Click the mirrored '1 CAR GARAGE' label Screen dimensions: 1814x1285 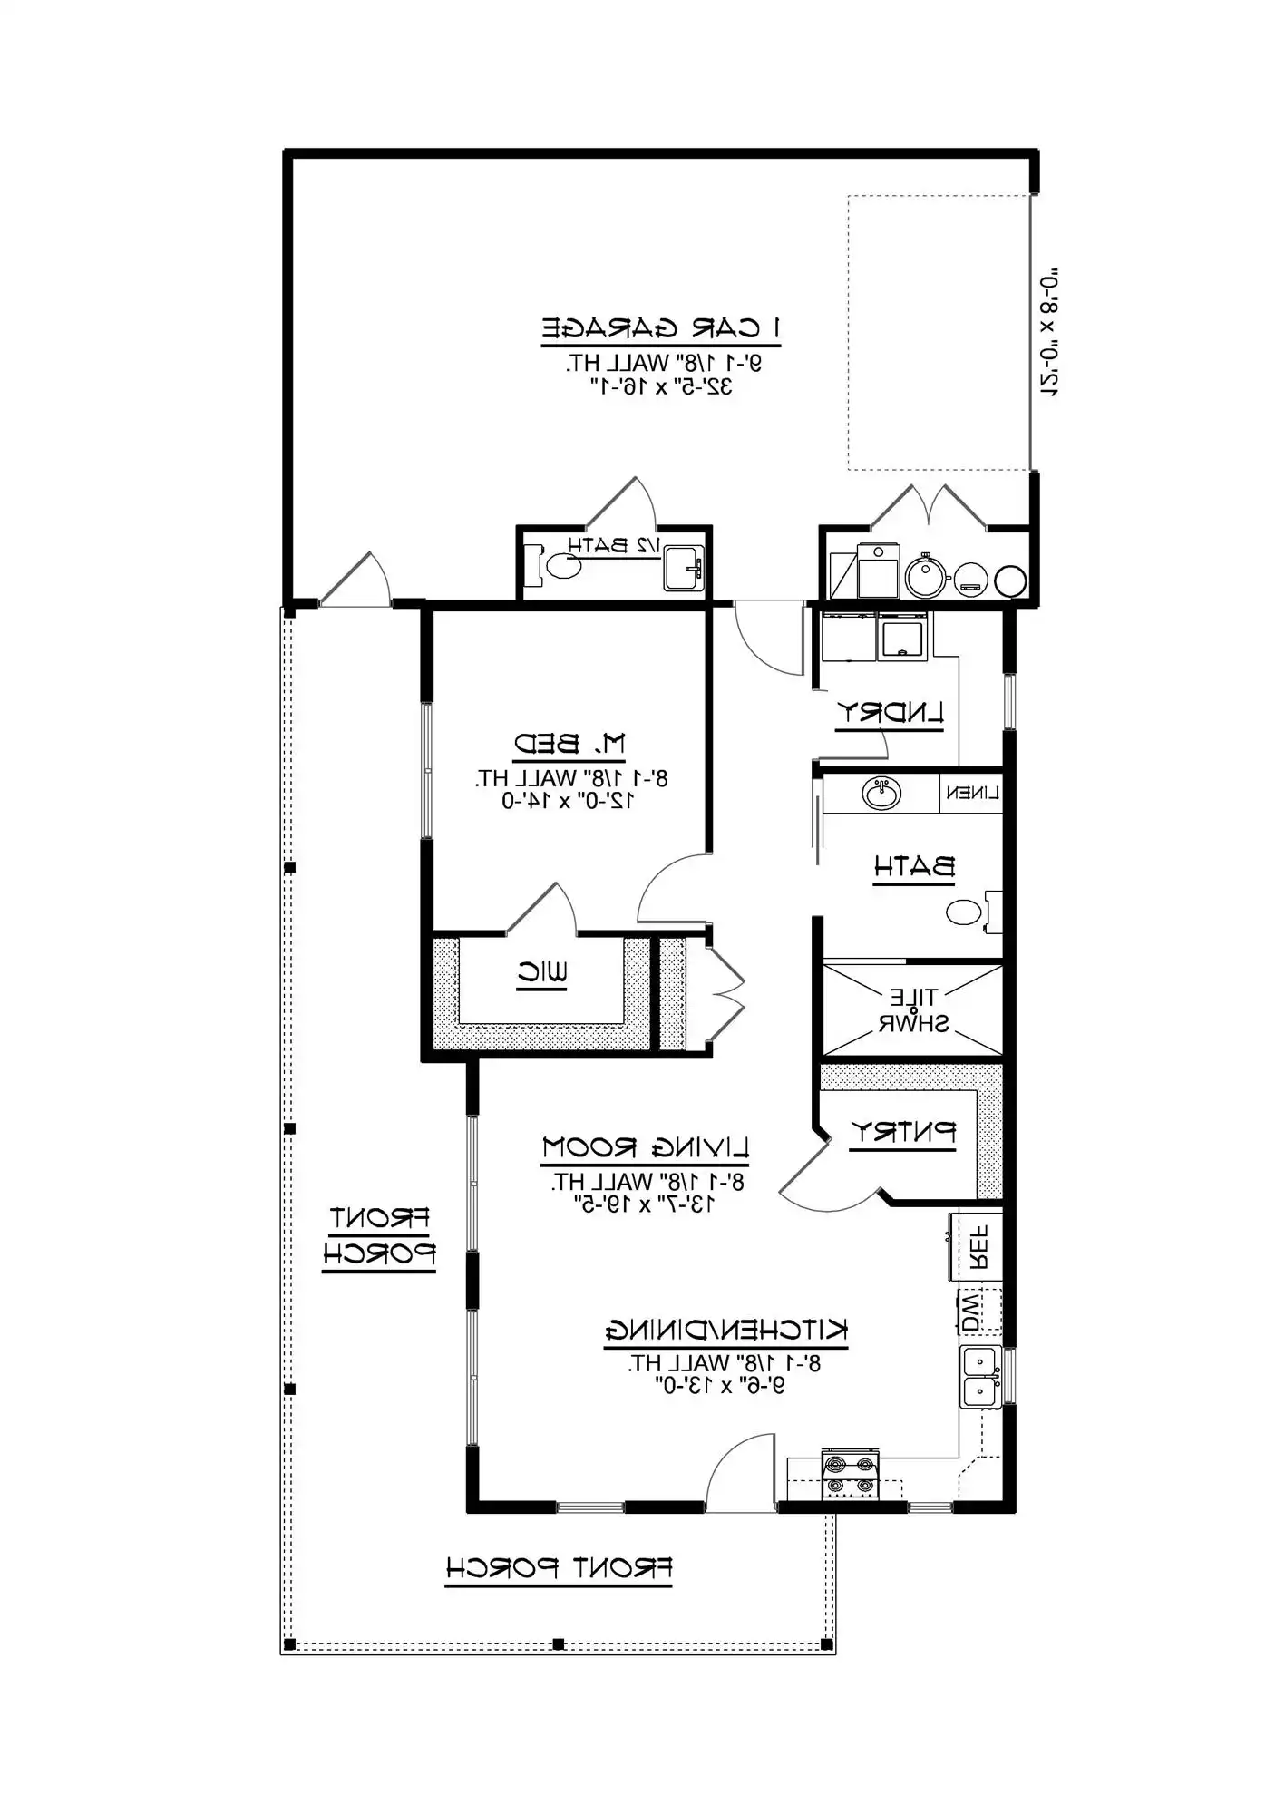(661, 327)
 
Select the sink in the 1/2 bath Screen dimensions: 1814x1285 (683, 569)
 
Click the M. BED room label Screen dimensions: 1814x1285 (569, 745)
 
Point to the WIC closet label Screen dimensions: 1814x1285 (542, 973)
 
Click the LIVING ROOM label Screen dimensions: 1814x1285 (646, 1147)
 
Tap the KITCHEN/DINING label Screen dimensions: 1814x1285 (726, 1331)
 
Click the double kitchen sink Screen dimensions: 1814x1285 (980, 1377)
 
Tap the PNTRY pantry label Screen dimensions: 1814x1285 (903, 1132)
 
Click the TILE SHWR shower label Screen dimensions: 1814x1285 (913, 1010)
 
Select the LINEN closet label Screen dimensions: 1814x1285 (972, 793)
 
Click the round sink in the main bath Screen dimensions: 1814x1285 (881, 794)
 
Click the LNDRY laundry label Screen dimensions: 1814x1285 (890, 712)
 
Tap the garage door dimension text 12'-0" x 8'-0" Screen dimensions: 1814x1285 (1049, 332)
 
